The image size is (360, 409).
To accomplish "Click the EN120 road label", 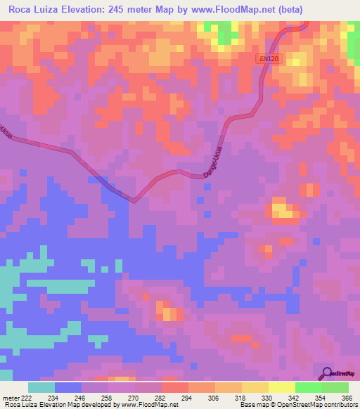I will [x=269, y=60].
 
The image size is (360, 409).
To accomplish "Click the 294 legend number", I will [x=186, y=398].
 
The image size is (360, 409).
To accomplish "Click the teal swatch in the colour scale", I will [x=41, y=387].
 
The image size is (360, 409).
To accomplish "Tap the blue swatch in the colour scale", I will [x=68, y=387].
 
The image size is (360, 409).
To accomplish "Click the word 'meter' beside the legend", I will [x=9, y=398].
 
